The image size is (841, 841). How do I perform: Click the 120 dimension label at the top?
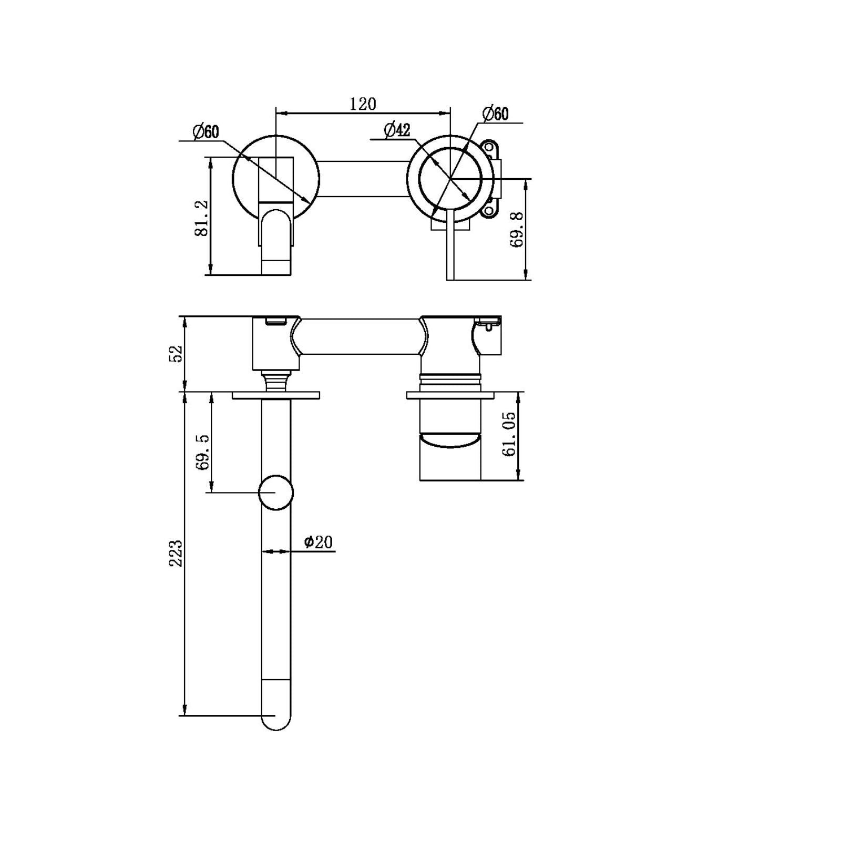click(x=363, y=104)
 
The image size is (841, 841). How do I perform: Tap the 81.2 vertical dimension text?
click(x=202, y=218)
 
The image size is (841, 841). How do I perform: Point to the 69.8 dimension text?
click(x=517, y=230)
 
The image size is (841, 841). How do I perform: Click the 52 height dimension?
click(x=176, y=353)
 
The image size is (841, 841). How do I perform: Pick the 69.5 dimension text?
click(x=203, y=453)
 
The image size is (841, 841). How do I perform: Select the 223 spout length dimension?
click(x=176, y=553)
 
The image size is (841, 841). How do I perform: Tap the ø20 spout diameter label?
click(x=319, y=542)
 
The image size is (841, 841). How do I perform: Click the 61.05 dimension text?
click(x=509, y=434)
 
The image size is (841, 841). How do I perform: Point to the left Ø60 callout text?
click(x=206, y=131)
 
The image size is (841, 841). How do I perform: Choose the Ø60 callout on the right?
click(x=495, y=114)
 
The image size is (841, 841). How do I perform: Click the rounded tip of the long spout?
click(x=276, y=723)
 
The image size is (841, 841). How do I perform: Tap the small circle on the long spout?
click(x=276, y=492)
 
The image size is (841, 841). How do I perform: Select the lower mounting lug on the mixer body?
click(x=490, y=210)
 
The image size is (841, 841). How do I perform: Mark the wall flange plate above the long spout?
click(x=276, y=395)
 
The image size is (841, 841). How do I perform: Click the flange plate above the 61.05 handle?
click(x=450, y=395)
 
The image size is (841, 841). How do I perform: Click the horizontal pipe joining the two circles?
click(x=363, y=179)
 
